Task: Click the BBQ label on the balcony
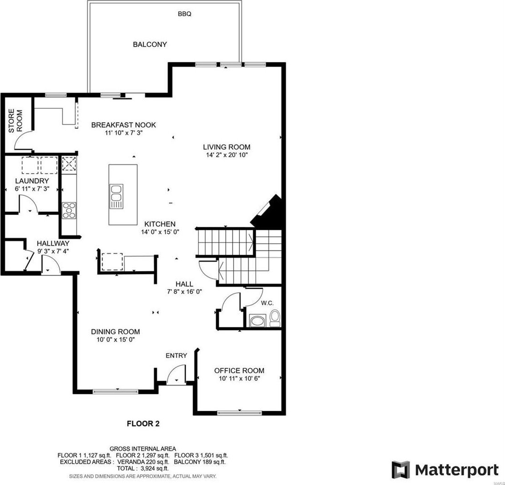(x=184, y=14)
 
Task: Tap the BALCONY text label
(x=150, y=44)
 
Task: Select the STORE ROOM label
(x=15, y=121)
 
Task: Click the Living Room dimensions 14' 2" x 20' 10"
(x=227, y=155)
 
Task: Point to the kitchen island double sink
(x=116, y=196)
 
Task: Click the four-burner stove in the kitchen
(x=69, y=210)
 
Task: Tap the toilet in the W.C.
(x=275, y=317)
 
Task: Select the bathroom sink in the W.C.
(x=257, y=321)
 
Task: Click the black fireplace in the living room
(x=267, y=212)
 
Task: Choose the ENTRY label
(x=176, y=356)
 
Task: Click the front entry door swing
(x=176, y=374)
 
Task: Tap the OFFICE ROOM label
(x=239, y=371)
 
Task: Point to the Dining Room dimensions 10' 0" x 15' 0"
(x=115, y=339)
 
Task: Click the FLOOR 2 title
(x=144, y=424)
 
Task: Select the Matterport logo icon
(x=401, y=470)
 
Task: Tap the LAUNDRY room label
(x=32, y=181)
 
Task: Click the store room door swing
(x=23, y=140)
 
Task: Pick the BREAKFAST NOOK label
(x=124, y=125)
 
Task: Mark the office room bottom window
(x=240, y=412)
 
